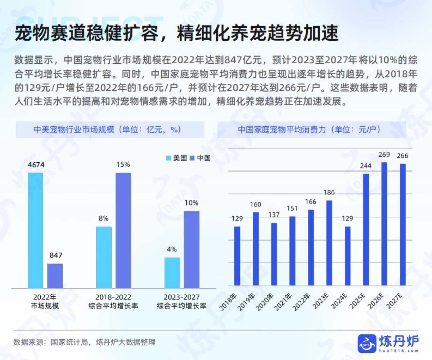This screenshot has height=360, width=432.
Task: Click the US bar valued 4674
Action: point(35,230)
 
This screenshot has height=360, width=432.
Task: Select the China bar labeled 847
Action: point(55,276)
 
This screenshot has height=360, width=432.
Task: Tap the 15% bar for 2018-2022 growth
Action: point(123,230)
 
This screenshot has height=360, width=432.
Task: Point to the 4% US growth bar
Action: point(172,273)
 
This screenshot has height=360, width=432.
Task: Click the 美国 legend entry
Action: point(176,158)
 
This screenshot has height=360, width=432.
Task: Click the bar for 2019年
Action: point(256,249)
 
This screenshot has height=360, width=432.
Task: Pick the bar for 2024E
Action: point(347,256)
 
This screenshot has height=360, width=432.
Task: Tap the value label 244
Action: point(366,167)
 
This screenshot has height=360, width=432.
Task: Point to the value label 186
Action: point(329,193)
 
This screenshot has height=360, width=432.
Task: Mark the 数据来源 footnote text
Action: point(85,342)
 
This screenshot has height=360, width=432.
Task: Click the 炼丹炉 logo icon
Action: point(366,343)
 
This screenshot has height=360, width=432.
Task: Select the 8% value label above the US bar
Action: point(103,218)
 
